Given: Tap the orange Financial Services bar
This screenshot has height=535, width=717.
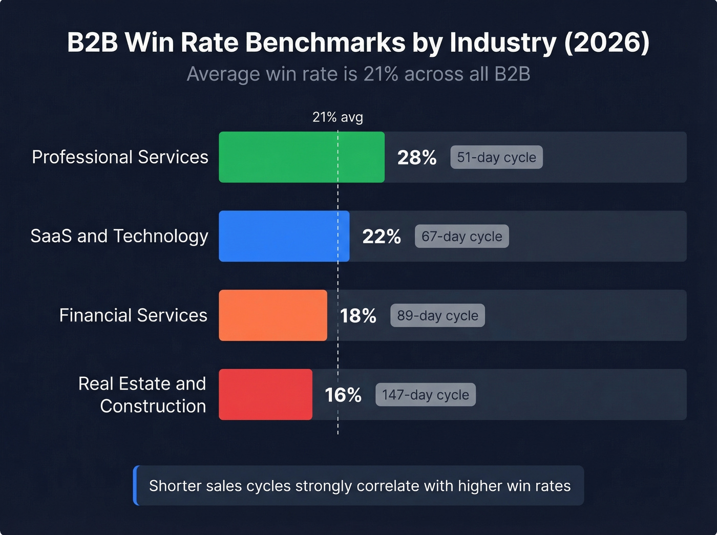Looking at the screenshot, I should (x=272, y=315).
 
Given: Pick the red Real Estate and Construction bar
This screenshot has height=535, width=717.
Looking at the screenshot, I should (x=265, y=395).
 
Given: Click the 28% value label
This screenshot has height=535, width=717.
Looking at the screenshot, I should (x=417, y=158).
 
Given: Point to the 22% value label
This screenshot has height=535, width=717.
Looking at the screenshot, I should (x=382, y=237).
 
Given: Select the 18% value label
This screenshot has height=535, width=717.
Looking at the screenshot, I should (x=358, y=316).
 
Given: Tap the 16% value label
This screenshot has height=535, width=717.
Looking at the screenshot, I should (x=343, y=395).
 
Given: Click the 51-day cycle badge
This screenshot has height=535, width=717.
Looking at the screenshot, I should (x=496, y=157).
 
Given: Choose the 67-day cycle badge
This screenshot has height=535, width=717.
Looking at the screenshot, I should (x=461, y=237).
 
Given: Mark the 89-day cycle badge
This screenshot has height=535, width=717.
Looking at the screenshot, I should (x=437, y=315).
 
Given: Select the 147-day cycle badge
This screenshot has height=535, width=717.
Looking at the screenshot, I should (x=425, y=395).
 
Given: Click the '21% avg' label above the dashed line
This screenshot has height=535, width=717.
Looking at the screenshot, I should (x=338, y=117).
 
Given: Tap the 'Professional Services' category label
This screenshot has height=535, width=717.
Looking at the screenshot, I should (x=120, y=157).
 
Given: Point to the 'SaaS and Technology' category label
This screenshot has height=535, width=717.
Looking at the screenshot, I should (x=119, y=236).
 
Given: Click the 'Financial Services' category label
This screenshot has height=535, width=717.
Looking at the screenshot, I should (x=133, y=315).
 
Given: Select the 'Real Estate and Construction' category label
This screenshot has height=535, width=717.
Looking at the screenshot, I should (x=142, y=395).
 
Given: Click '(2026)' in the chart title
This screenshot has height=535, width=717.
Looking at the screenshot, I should (x=606, y=42).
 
